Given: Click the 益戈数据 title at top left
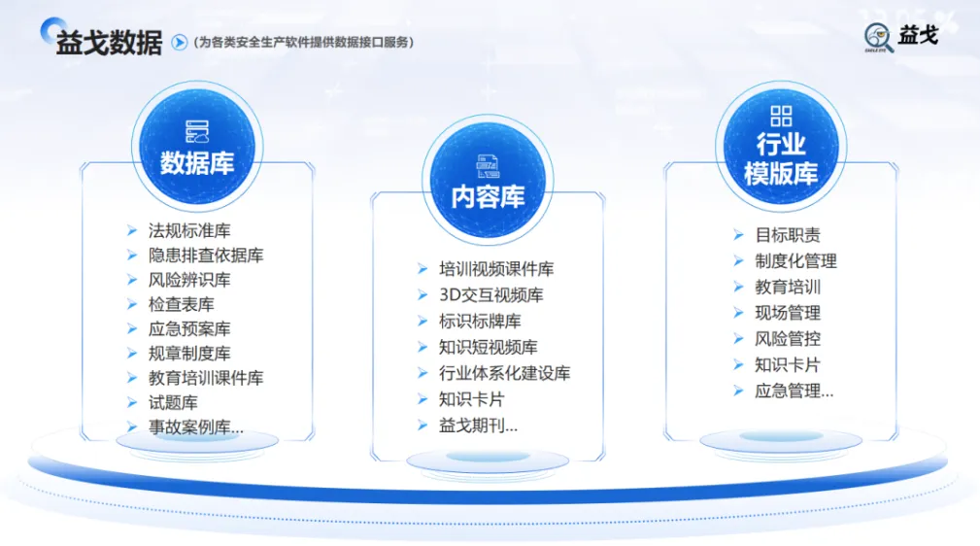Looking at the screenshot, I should pyautogui.click(x=108, y=42).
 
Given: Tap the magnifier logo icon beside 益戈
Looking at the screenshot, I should pyautogui.click(x=877, y=38).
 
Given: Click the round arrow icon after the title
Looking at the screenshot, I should pyautogui.click(x=179, y=42).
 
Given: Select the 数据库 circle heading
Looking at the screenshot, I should pyautogui.click(x=197, y=162).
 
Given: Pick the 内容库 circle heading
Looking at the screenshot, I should pyautogui.click(x=488, y=196).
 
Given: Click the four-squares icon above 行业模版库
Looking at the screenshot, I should pyautogui.click(x=781, y=117).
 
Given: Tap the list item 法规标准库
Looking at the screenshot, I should pyautogui.click(x=189, y=231).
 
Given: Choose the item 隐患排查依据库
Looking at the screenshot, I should pyautogui.click(x=206, y=256).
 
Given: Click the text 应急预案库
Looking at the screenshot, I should pyautogui.click(x=189, y=329).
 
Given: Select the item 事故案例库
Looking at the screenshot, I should pyautogui.click(x=195, y=427).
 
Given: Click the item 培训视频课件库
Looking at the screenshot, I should pyautogui.click(x=496, y=269).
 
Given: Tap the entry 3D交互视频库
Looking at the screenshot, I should pyautogui.click(x=491, y=294).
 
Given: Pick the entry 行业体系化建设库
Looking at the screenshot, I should pyautogui.click(x=504, y=373).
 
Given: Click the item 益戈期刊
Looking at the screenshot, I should pyautogui.click(x=478, y=425).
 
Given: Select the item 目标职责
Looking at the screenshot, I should pyautogui.click(x=788, y=235).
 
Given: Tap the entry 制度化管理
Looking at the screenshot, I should pyautogui.click(x=795, y=260).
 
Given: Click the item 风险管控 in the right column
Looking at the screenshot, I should pyautogui.click(x=788, y=339).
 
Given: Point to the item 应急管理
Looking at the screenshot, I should pyautogui.click(x=794, y=392).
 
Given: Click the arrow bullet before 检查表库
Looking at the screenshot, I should pyautogui.click(x=132, y=304).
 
